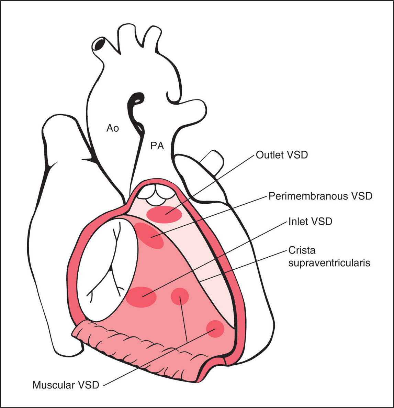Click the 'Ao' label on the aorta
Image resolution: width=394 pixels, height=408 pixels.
tap(113, 128)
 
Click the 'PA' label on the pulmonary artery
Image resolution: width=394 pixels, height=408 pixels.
tap(157, 146)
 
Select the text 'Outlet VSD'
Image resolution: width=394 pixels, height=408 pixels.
tap(282, 155)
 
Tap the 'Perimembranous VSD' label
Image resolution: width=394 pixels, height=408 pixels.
tap(320, 196)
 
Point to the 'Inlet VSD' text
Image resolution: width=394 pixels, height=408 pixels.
tap(310, 221)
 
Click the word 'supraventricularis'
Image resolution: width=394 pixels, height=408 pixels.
tap(329, 263)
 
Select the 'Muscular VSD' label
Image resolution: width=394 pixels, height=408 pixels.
tap(66, 385)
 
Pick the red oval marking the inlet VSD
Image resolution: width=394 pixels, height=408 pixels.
tap(141, 296)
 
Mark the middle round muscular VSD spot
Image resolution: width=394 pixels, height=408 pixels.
tap(180, 296)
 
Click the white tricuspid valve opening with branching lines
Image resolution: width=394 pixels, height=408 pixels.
tap(105, 268)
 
